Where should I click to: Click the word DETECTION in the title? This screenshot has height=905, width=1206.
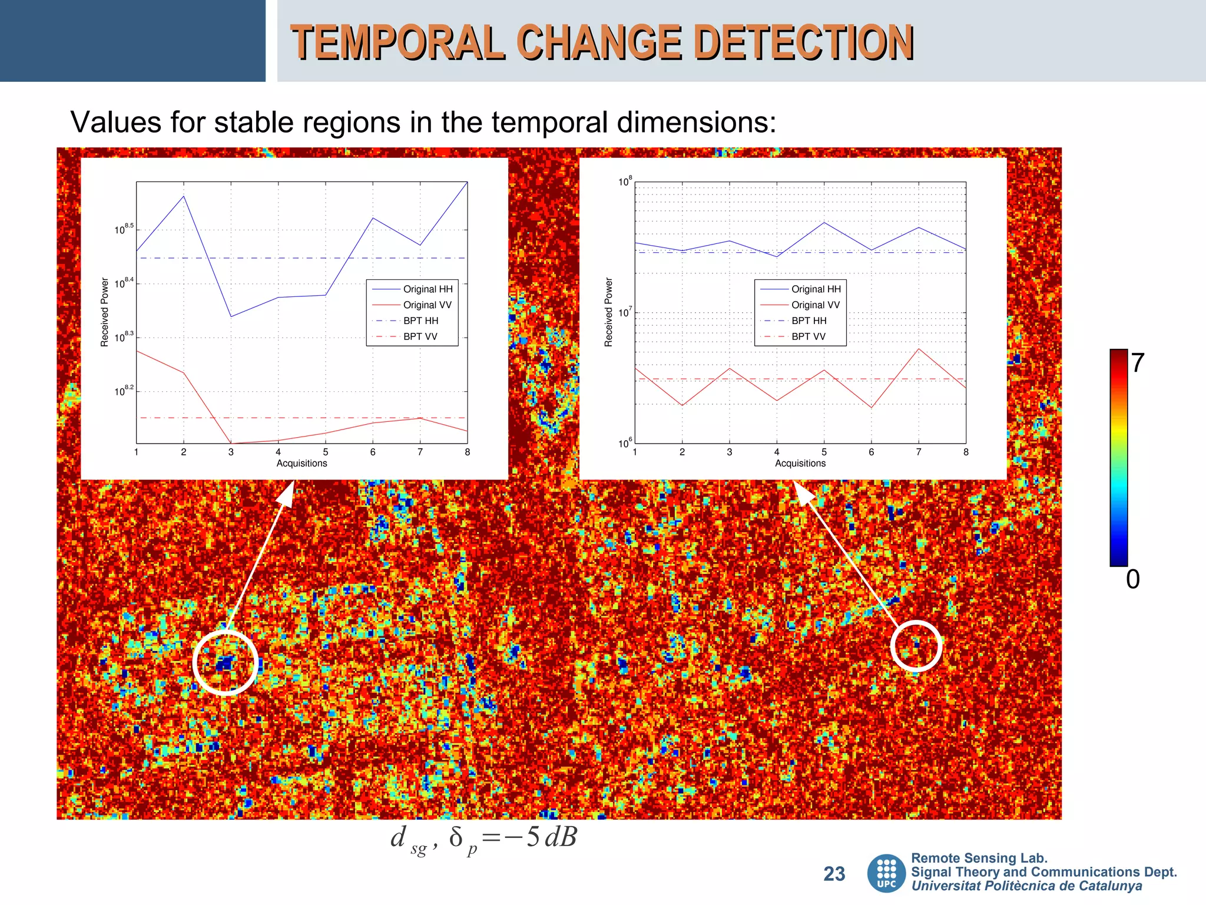[x=804, y=42]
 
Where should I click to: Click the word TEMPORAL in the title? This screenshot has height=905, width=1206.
[x=398, y=42]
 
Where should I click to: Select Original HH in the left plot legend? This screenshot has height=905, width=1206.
[x=428, y=289]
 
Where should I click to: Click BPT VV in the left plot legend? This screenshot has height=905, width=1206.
[x=420, y=337]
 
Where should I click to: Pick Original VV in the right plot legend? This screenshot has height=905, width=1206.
[x=815, y=305]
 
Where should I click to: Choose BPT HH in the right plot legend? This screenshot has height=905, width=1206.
[x=809, y=321]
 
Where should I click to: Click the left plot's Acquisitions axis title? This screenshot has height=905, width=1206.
[x=301, y=464]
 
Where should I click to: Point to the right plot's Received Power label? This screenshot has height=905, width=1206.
[x=609, y=312]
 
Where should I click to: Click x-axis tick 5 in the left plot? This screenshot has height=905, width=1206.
[x=326, y=452]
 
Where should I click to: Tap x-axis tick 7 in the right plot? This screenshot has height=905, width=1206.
[x=918, y=452]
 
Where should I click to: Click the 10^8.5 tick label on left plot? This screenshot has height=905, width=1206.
[x=124, y=229]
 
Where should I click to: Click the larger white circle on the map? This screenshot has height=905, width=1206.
[x=226, y=663]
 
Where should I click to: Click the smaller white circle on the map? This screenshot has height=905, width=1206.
[x=916, y=646]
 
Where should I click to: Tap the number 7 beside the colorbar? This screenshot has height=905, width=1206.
[x=1137, y=363]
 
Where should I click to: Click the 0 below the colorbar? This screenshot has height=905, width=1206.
[x=1132, y=580]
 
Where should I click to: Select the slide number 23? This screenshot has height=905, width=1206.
[x=834, y=874]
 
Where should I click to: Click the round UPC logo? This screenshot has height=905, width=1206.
[x=886, y=874]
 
